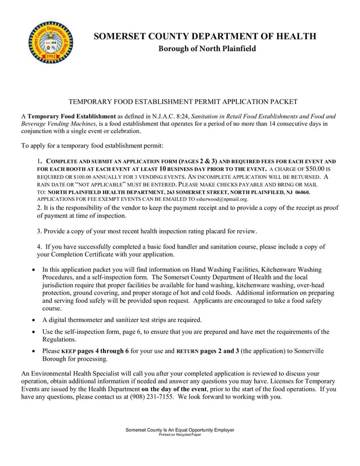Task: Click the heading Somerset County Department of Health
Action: (x=204, y=37)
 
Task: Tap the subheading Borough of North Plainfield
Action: (x=207, y=49)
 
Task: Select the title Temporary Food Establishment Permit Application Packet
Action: (x=182, y=102)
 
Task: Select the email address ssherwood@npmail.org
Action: (x=222, y=199)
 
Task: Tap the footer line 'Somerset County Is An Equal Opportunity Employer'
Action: (x=180, y=430)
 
